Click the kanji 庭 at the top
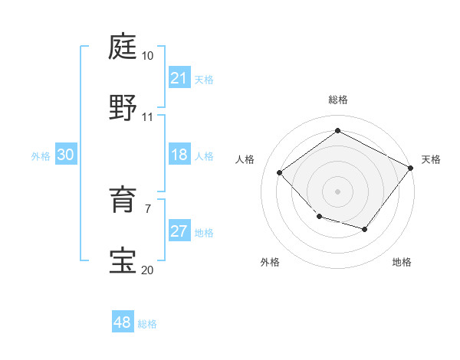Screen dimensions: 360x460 (124, 48)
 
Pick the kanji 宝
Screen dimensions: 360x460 (124, 260)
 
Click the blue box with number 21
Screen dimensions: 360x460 (179, 78)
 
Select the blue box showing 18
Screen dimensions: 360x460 (179, 155)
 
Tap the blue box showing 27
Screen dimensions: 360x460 (179, 231)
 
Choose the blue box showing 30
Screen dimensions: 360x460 (65, 155)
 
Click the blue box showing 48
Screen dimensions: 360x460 (122, 322)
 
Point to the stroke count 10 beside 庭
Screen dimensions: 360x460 (147, 57)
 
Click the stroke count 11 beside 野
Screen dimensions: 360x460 (147, 116)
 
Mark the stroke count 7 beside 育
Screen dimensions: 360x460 (147, 208)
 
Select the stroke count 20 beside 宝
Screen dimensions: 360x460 (147, 270)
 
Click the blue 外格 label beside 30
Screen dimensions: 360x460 (41, 155)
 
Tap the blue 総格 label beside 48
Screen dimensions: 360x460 (147, 324)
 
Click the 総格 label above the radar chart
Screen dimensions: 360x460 (337, 100)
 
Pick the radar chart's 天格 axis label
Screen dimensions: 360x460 (431, 159)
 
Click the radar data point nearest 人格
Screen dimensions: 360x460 (280, 172)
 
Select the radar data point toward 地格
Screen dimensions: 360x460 (365, 229)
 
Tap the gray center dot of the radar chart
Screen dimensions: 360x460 (337, 191)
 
